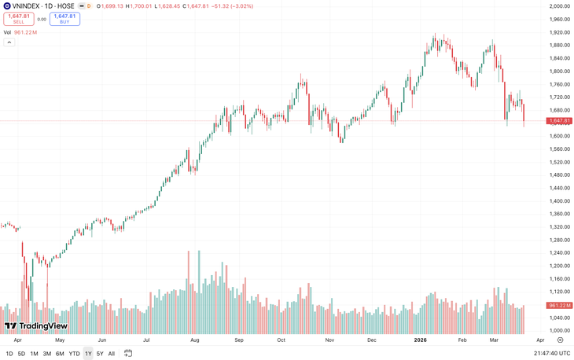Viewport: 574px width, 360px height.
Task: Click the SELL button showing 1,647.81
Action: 19,18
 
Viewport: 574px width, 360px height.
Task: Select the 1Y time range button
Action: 87,354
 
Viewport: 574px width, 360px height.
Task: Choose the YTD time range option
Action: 74,354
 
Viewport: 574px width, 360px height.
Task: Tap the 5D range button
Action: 21,354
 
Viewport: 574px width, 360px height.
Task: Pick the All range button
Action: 111,354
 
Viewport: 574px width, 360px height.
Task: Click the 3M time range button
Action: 47,354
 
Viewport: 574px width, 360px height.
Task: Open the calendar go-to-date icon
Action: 128,354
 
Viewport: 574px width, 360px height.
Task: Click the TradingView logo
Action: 36,325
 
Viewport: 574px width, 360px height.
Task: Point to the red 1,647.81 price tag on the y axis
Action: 560,120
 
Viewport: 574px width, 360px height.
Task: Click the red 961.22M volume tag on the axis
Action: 560,305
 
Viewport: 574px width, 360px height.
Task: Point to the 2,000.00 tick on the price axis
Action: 559,6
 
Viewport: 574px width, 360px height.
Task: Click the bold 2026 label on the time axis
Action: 420,340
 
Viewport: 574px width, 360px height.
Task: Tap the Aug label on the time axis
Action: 195,340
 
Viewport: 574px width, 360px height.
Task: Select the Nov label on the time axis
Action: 330,340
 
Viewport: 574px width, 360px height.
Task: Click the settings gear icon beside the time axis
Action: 560,340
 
